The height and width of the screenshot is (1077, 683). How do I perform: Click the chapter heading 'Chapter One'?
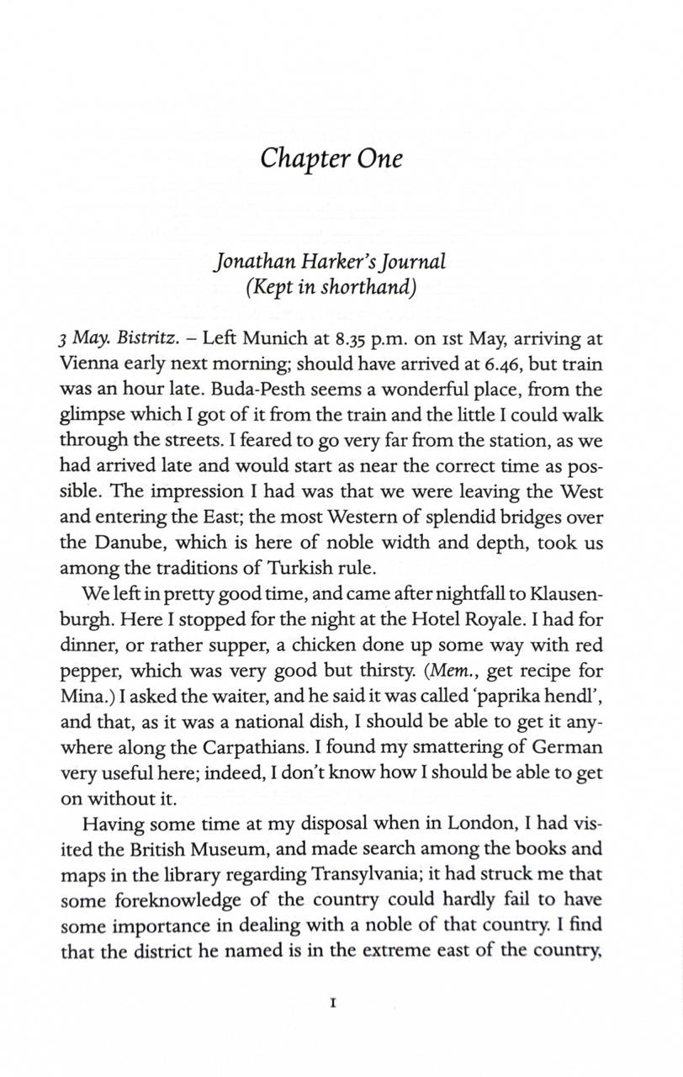tap(331, 158)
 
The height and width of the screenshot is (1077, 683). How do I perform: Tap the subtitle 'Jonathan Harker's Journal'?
tap(331, 261)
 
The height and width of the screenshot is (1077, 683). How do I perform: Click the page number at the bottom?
tap(334, 1003)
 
